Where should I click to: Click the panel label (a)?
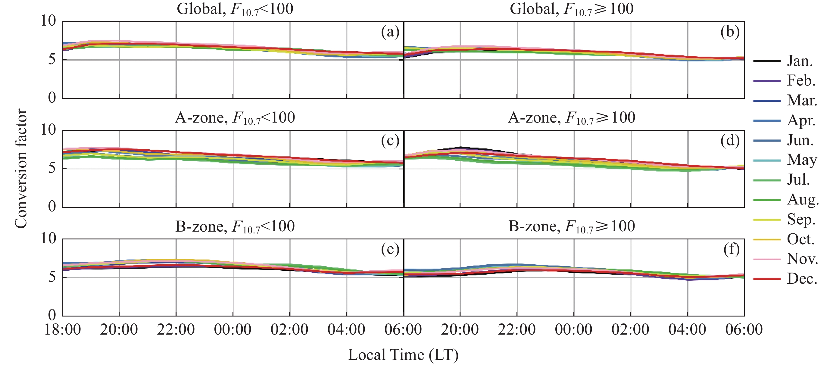click(x=390, y=32)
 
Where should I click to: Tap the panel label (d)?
click(x=730, y=141)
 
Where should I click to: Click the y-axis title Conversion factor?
click(x=21, y=168)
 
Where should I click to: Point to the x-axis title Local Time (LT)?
click(x=403, y=355)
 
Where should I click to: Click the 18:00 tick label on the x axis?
click(x=63, y=329)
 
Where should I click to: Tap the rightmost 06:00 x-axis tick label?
click(x=744, y=329)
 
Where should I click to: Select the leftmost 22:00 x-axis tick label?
click(x=176, y=329)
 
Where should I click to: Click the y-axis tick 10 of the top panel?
click(x=48, y=21)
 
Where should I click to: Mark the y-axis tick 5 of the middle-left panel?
click(x=52, y=168)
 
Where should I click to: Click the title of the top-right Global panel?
click(x=571, y=9)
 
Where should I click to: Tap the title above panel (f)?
click(x=571, y=226)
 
